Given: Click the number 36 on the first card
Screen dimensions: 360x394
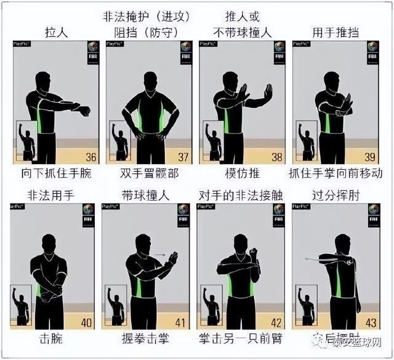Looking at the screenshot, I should (x=91, y=156).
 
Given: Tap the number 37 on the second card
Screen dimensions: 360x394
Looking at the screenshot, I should (x=183, y=156).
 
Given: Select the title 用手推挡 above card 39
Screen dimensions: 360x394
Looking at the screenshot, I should (x=336, y=32).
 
